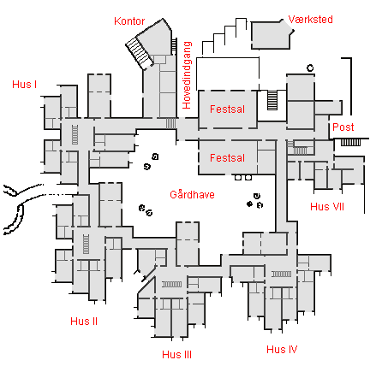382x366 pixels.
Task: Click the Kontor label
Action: point(129,21)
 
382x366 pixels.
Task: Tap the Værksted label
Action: point(311,20)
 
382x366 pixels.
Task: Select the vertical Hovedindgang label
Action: point(187,75)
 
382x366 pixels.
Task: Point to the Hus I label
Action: point(25,85)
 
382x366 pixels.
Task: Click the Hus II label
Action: point(84,322)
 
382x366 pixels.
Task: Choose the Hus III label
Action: point(176,355)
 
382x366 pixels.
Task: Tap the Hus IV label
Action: point(282,349)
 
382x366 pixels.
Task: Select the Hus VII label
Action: point(327,206)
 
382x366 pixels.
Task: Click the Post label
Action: point(343,127)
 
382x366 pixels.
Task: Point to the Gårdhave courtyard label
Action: point(192,195)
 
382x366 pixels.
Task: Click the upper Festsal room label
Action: point(227,109)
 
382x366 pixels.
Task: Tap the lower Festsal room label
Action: point(227,158)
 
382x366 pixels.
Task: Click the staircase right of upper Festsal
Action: point(272,100)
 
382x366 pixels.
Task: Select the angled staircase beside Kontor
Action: point(139,53)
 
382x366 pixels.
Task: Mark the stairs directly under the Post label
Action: point(350,142)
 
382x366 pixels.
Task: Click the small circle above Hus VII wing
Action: point(310,68)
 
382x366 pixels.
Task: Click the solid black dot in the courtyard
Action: point(250,204)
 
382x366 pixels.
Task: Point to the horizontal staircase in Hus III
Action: point(171,284)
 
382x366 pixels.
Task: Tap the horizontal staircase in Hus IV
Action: point(282,274)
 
